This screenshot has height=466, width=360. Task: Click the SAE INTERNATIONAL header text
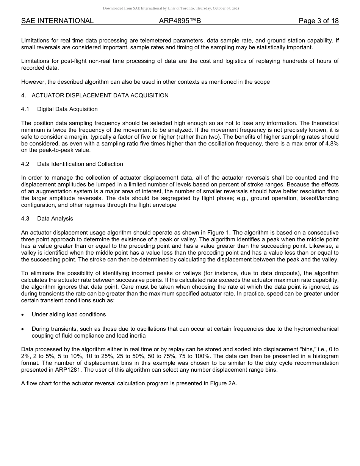point(57,21)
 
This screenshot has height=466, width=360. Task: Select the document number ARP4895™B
point(180,21)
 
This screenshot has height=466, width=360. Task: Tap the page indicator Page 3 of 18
point(318,21)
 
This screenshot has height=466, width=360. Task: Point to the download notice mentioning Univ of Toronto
point(171,8)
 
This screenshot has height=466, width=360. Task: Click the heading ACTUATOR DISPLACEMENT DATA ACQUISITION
point(100,95)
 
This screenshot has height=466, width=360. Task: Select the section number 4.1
point(25,109)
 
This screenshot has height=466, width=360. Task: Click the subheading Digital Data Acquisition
point(67,109)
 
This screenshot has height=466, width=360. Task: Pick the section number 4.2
point(25,164)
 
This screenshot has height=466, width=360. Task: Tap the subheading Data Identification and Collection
point(80,164)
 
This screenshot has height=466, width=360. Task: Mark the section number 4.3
point(25,219)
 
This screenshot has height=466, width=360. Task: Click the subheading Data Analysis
point(55,219)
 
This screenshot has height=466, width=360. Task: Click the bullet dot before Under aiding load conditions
point(23,315)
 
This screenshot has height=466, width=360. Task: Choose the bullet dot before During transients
point(23,329)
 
